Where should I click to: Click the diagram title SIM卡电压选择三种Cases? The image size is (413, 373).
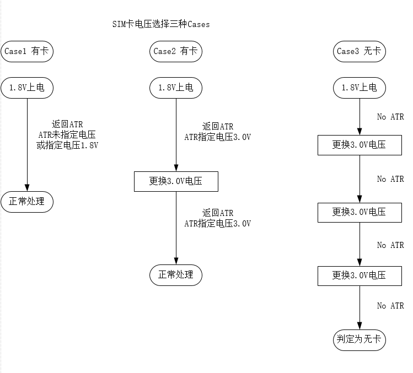(160, 24)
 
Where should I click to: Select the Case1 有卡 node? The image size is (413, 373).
(28, 51)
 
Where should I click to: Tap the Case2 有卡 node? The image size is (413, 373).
(176, 51)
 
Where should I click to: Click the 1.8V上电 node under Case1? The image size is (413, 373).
(28, 87)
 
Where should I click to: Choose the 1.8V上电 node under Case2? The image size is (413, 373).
(176, 87)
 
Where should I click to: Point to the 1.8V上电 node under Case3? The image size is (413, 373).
(360, 87)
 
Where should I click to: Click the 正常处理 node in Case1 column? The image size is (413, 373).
(28, 201)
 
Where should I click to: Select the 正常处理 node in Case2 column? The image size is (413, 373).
(176, 274)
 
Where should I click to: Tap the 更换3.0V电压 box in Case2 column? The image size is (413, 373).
(176, 181)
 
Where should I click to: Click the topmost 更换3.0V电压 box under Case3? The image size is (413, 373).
(360, 145)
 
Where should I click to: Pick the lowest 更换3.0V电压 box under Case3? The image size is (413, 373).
(360, 275)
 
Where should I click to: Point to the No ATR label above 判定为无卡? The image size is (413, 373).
(390, 306)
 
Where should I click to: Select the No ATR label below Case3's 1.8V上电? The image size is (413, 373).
(390, 117)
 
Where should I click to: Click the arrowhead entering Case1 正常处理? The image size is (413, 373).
(28, 187)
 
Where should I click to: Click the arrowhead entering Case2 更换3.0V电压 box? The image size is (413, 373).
(176, 168)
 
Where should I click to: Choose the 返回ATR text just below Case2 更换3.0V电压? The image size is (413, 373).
(218, 213)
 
